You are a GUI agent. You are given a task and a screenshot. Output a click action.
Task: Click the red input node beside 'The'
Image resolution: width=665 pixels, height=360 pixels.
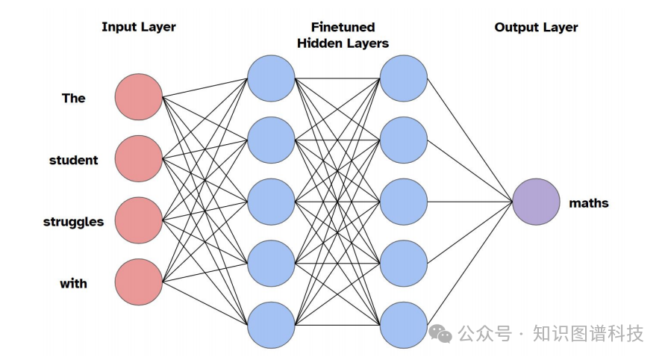coord(138,97)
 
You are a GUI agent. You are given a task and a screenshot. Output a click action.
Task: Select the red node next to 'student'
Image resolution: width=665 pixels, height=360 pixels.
coord(138,159)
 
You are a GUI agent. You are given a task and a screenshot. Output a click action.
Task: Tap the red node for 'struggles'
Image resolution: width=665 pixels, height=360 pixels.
coord(138,221)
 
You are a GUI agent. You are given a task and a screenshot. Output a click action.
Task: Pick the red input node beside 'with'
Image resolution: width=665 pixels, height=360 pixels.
coord(138,283)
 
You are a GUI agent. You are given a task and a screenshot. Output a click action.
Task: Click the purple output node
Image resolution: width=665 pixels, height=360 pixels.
coord(536,202)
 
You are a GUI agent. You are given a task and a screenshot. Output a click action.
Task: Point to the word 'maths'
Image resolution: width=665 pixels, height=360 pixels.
coord(589,202)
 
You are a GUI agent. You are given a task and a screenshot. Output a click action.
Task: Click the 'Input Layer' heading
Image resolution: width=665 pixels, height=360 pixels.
coord(139,28)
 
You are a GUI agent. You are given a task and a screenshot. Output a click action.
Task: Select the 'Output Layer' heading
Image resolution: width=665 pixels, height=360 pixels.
coord(536,28)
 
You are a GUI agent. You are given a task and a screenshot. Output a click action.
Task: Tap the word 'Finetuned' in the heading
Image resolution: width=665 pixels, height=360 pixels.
coord(343,27)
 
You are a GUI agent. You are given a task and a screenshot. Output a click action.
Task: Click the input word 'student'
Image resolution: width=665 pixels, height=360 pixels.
coord(74,160)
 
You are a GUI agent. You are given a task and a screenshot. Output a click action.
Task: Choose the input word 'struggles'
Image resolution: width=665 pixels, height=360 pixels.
coord(73,222)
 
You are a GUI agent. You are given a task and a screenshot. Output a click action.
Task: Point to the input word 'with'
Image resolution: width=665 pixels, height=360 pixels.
coord(73,284)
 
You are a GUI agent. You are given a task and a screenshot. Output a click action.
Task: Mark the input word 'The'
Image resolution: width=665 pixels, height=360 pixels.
coord(74,98)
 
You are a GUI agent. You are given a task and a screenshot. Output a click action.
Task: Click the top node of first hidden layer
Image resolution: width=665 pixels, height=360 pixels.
coord(271,78)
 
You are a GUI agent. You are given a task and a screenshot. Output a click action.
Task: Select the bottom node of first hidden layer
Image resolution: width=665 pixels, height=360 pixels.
coord(271,324)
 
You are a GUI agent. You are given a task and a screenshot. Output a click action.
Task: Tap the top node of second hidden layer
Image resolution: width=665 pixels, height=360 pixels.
coord(403,78)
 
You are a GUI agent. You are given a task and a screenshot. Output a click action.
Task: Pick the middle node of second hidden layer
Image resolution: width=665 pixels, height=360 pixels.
coord(403,202)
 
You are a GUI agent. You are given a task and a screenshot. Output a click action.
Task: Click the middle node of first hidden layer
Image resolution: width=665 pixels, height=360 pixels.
coord(271,202)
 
